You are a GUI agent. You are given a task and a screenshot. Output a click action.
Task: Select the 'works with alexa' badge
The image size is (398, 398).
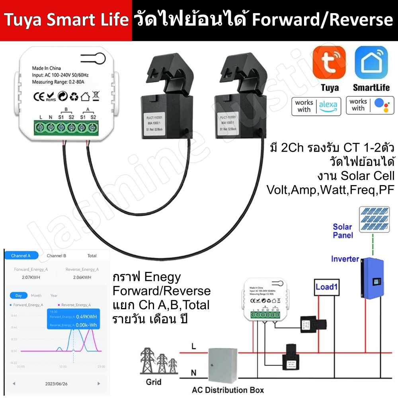tap(316, 105)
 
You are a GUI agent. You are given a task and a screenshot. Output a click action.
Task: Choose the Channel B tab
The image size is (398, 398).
tap(56, 256)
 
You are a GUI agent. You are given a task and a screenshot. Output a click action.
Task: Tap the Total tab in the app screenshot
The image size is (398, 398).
tap(92, 256)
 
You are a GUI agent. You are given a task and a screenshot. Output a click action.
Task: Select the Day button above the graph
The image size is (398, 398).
tap(19, 296)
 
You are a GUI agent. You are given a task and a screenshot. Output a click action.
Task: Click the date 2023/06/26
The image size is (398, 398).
tap(56, 384)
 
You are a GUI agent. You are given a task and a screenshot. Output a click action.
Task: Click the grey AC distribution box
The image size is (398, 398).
tap(222, 365)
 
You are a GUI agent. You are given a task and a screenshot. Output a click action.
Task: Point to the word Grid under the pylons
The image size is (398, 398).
tap(154, 382)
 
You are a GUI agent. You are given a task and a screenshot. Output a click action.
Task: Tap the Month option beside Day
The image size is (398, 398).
tap(36, 296)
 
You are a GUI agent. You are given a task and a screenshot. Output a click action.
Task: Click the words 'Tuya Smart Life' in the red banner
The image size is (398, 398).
tap(66, 20)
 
